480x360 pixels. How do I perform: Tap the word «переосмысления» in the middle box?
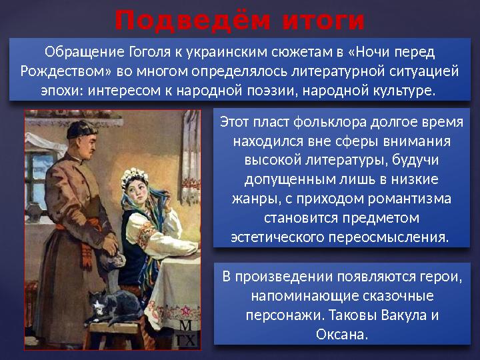tap(387, 237)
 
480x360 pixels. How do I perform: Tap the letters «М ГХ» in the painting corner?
tap(186, 334)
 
